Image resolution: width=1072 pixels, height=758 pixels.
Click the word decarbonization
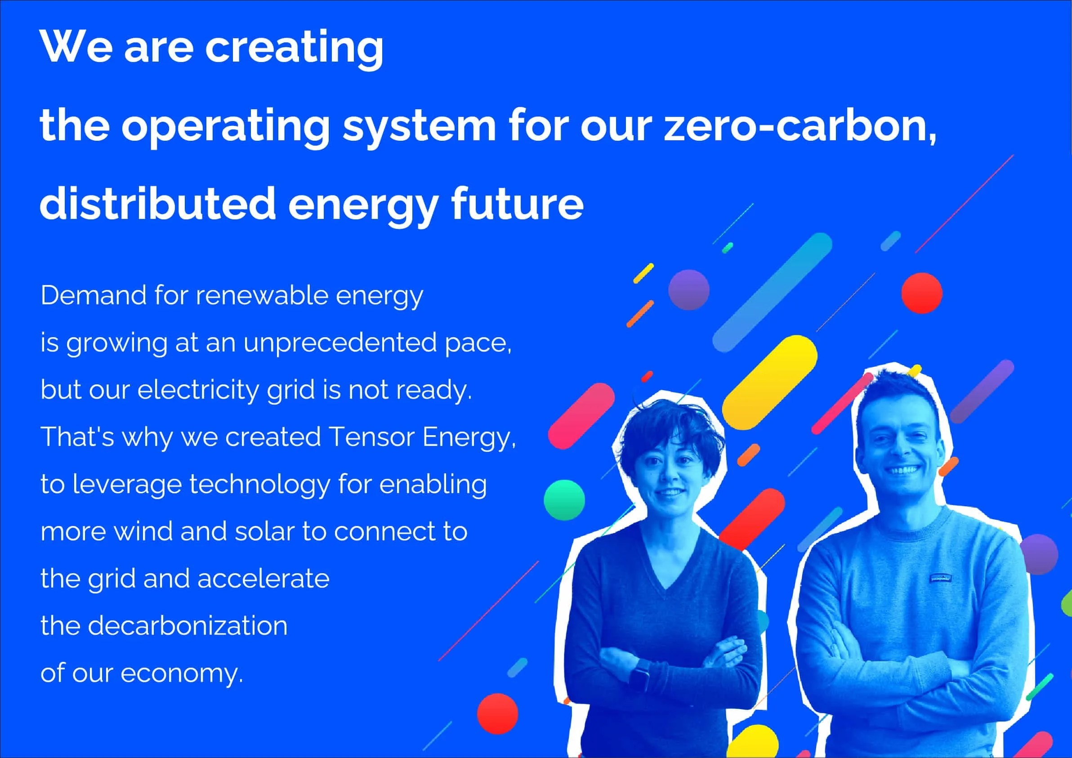(x=187, y=626)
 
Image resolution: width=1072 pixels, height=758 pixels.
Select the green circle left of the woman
(x=564, y=500)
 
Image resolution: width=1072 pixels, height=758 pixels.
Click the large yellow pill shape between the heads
(x=769, y=383)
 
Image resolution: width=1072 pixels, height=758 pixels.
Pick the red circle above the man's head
(x=922, y=293)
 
